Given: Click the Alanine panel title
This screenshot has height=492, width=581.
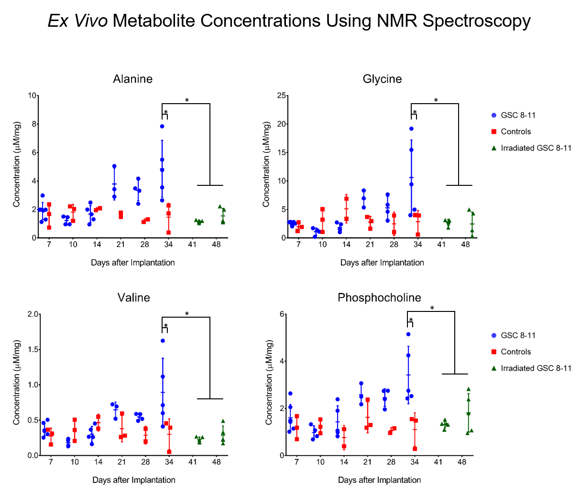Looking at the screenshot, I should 133,79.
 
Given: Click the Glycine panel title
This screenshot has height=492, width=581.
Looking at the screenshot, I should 382,79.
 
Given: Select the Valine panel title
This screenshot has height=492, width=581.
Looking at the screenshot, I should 133,298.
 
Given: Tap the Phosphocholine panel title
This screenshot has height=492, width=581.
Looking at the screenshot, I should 379,298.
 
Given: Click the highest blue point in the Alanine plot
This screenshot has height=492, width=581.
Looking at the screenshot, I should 162,126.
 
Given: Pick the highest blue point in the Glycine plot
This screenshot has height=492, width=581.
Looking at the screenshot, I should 411,128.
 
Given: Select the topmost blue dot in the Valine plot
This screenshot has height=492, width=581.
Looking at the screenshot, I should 163,341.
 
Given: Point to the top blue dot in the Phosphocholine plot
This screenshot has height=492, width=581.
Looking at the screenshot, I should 408,334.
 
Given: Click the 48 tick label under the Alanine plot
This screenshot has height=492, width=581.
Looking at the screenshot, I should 216,245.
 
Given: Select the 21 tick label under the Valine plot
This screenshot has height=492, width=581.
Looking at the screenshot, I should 122,462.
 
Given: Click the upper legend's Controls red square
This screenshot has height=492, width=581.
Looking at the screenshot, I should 494,132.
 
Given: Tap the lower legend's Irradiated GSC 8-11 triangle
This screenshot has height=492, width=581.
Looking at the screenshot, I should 494,368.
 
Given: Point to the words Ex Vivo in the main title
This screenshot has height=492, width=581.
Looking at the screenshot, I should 77,21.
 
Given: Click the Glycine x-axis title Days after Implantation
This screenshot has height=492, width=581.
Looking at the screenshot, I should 382,263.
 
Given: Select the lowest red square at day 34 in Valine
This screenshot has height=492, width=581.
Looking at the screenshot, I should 169,451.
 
